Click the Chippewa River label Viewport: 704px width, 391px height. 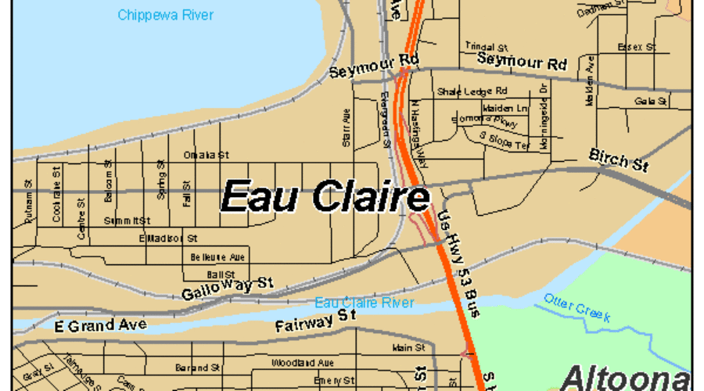click(165, 15)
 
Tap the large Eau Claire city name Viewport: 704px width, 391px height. click(325, 195)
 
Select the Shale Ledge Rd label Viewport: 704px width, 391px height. click(472, 91)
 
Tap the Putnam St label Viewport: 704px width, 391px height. click(29, 206)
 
